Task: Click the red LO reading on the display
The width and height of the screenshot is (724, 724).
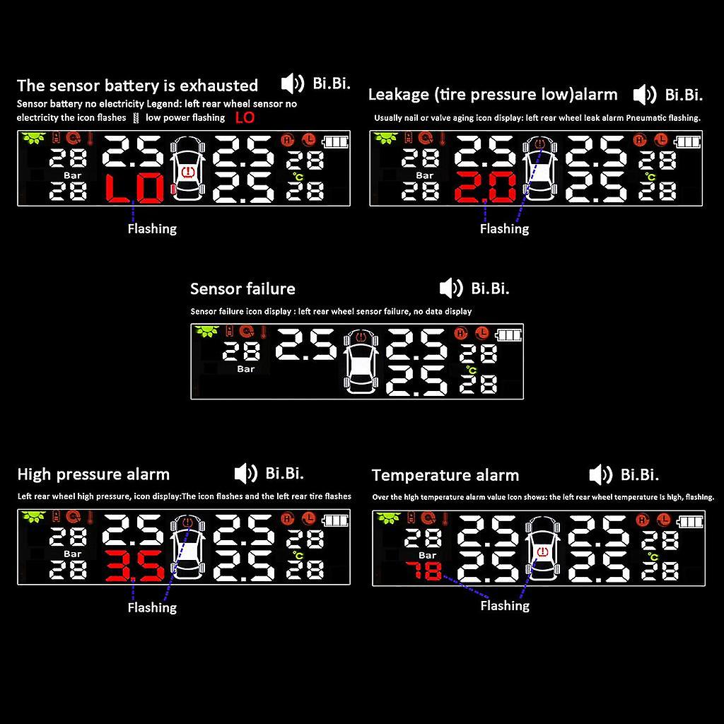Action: (x=134, y=189)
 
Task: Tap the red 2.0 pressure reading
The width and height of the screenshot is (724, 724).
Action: (x=486, y=189)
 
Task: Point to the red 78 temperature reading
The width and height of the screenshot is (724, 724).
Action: (x=424, y=571)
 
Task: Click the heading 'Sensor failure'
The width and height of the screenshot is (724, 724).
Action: (x=243, y=289)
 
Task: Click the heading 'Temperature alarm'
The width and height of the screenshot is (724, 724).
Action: (x=445, y=475)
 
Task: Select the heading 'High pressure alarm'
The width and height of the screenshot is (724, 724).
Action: (x=93, y=474)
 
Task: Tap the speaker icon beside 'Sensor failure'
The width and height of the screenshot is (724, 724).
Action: (x=450, y=288)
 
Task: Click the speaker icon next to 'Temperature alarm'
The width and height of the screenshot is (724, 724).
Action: (x=600, y=474)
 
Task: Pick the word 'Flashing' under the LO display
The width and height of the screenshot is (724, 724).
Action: (x=152, y=229)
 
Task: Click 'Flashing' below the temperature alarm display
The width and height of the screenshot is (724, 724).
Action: (x=504, y=606)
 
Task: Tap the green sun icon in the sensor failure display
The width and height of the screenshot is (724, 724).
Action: (x=206, y=331)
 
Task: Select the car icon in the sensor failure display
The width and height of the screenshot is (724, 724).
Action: (x=361, y=362)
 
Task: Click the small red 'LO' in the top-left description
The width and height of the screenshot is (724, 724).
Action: (x=244, y=117)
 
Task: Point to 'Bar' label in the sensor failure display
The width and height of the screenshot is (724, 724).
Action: (x=245, y=369)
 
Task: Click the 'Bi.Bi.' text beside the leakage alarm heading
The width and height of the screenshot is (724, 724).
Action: (x=683, y=95)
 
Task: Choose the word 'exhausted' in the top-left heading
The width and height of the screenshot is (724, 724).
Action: (x=219, y=86)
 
